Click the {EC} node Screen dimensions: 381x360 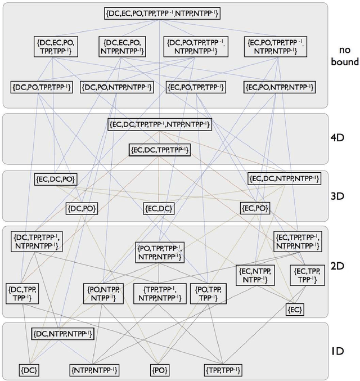point(295,310)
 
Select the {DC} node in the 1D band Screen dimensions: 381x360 point(29,370)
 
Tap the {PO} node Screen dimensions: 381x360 point(160,370)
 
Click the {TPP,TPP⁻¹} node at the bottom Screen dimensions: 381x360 point(223,370)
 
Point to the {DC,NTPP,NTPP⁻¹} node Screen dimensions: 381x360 point(63,334)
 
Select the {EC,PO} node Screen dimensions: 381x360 point(254,209)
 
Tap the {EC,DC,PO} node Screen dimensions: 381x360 point(55,179)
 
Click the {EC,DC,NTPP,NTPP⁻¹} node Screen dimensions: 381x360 point(284,179)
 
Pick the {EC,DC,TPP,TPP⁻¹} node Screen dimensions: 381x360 point(159,150)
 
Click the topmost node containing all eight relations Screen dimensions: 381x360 point(162,13)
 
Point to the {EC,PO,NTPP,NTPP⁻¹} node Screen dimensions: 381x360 point(279,87)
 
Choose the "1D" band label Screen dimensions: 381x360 point(339,351)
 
